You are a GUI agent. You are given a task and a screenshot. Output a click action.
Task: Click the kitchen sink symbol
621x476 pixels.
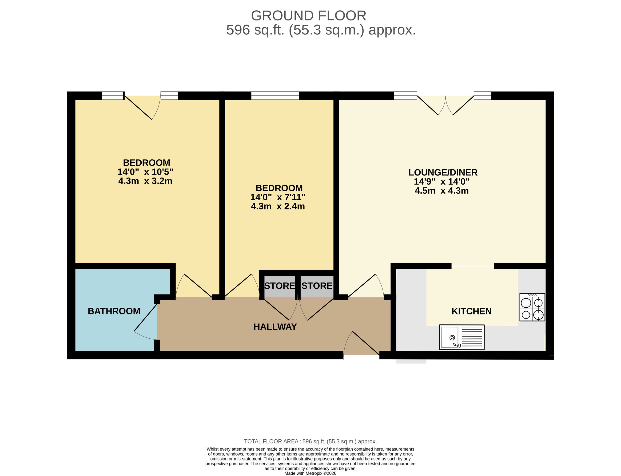pyautogui.click(x=462, y=337)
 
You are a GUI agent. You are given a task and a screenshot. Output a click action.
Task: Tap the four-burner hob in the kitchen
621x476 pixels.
pyautogui.click(x=532, y=307)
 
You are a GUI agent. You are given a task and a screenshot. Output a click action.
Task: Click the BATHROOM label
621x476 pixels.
pyautogui.click(x=114, y=311)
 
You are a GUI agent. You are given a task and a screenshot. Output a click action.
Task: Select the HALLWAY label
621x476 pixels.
pyautogui.click(x=275, y=327)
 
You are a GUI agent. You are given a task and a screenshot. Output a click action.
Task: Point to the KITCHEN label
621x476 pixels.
pyautogui.click(x=471, y=311)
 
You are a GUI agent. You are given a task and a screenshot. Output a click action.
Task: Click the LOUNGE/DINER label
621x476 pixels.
pyautogui.click(x=443, y=172)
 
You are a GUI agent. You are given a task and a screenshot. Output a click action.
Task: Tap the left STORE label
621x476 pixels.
pyautogui.click(x=279, y=286)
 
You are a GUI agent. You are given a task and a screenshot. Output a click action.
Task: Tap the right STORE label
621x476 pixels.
pyautogui.click(x=317, y=286)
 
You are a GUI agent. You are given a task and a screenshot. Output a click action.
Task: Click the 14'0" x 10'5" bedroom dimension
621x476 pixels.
pyautogui.click(x=145, y=172)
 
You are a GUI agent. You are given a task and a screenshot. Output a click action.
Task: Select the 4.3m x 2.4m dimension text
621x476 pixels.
pyautogui.click(x=278, y=206)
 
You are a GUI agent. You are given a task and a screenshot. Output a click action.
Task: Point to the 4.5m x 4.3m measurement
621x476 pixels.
pyautogui.click(x=442, y=190)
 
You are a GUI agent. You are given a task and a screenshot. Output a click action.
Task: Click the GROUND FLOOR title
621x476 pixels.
pyautogui.click(x=309, y=15)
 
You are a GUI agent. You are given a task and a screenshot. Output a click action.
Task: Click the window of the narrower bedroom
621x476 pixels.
pyautogui.click(x=275, y=96)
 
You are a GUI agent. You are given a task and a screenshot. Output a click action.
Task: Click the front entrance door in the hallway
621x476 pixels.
pyautogui.click(x=362, y=343)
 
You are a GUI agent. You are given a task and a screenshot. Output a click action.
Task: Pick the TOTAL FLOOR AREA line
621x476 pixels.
pyautogui.click(x=310, y=441)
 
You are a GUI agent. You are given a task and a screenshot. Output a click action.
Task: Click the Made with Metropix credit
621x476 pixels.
pyautogui.click(x=310, y=473)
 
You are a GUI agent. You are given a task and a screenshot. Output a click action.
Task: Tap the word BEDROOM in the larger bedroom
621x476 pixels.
pyautogui.click(x=147, y=163)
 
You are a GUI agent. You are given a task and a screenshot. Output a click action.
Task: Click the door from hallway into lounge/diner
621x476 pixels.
pyautogui.click(x=366, y=286)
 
